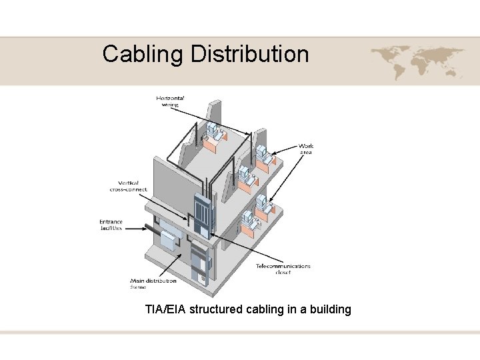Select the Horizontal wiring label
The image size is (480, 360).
tap(170, 101)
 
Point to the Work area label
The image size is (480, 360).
tap(306, 149)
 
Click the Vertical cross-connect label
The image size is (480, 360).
tap(128, 186)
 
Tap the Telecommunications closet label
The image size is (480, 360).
tap(283, 269)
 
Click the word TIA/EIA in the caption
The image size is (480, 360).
tap(165, 309)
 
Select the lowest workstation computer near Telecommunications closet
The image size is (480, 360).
tap(248, 219)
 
